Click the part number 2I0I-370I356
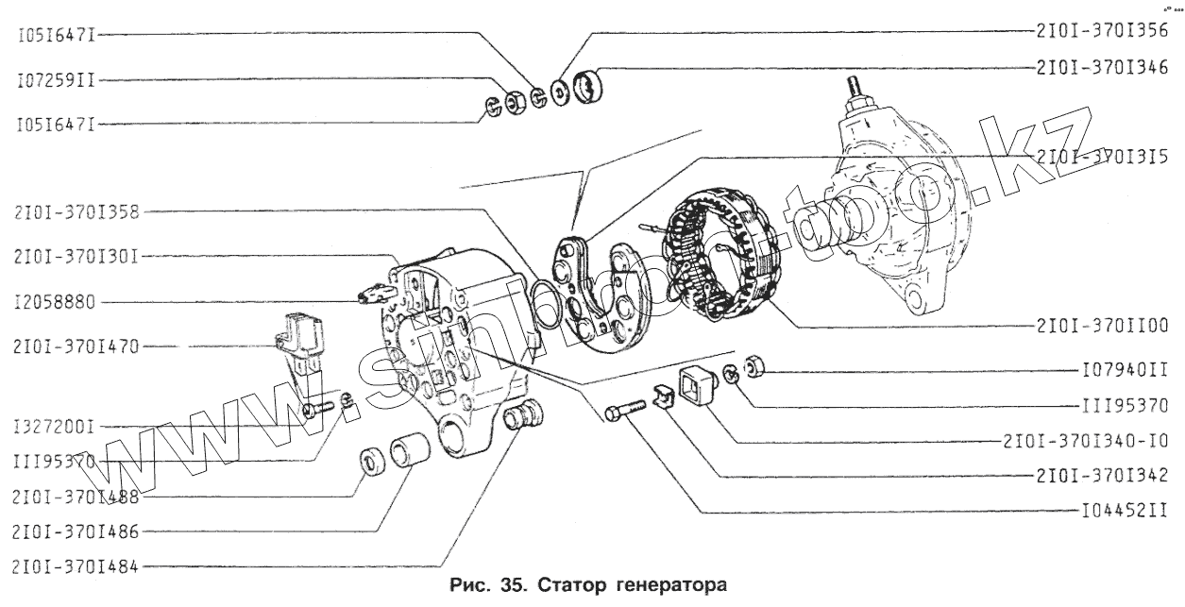1102,29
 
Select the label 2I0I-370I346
1102,68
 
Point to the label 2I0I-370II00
1102,324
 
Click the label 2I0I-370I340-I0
1086,441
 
